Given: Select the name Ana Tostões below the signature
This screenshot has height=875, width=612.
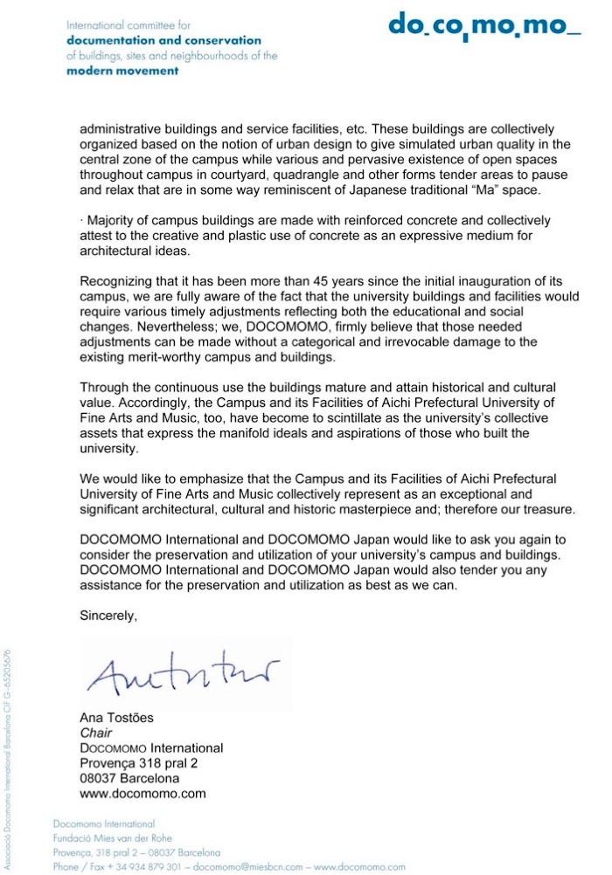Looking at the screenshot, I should pos(116,718).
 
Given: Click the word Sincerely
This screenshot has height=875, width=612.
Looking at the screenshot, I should pos(108,615).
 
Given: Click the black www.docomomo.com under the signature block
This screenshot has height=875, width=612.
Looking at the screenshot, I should pos(143,793).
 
